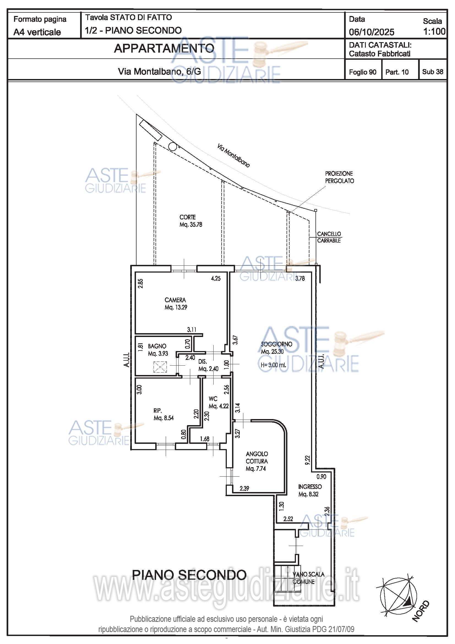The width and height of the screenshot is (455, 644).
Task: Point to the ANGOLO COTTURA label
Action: tap(257, 461)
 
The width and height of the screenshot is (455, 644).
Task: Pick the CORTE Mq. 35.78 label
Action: tap(191, 221)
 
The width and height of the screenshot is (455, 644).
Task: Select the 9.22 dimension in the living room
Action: tap(307, 460)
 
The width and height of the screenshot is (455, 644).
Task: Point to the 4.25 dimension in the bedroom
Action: tap(216, 279)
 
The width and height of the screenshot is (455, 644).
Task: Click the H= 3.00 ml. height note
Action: tap(273, 365)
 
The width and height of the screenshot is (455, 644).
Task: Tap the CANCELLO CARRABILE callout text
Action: tap(329, 237)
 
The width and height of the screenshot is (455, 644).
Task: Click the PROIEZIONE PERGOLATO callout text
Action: tap(339, 177)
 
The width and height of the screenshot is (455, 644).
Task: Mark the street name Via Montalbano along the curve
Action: tap(233, 155)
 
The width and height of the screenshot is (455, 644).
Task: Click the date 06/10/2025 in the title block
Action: tap(371, 32)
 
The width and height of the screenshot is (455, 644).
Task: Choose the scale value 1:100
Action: tap(434, 31)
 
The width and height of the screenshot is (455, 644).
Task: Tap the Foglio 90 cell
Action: tap(363, 72)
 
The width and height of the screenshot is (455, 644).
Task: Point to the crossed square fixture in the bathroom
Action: tap(160, 367)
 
